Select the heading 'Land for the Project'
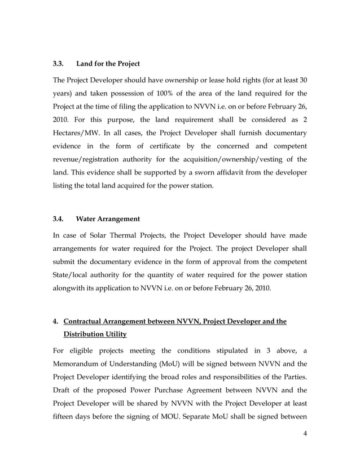[x=108, y=63]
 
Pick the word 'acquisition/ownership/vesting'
[x=231, y=160]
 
